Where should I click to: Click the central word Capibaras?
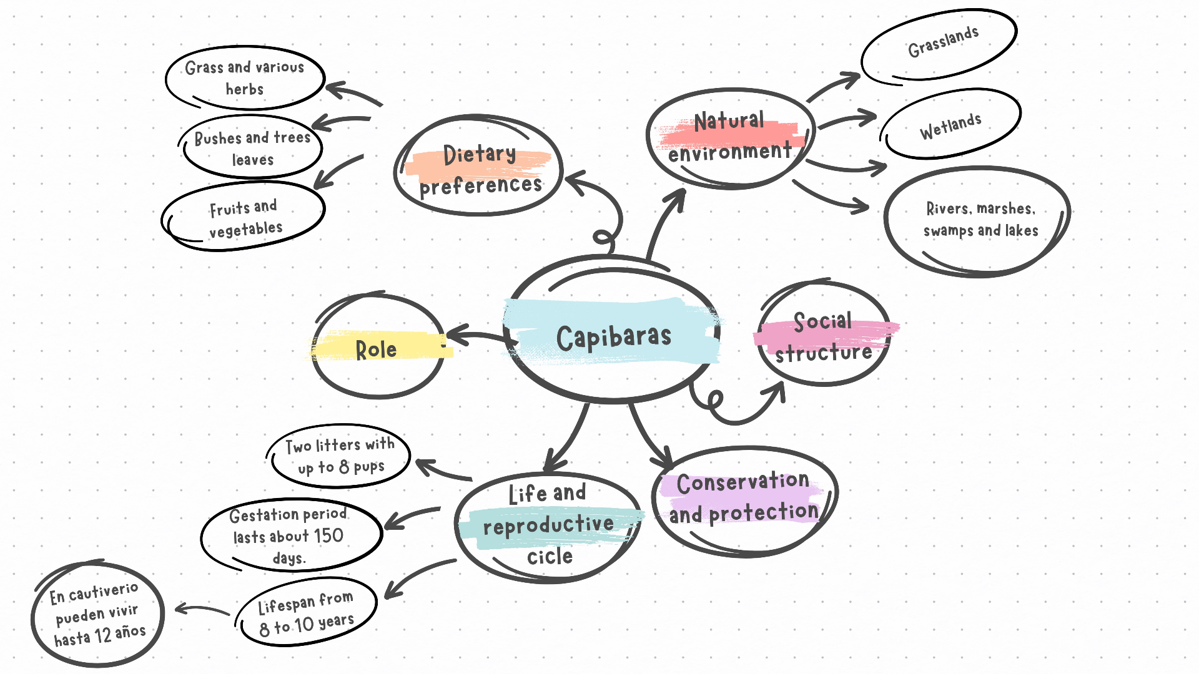tap(614, 338)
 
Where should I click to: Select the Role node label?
tap(376, 349)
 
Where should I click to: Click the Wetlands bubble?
tap(950, 125)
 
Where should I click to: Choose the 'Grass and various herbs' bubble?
tap(245, 78)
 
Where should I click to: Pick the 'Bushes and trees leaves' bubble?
tap(252, 149)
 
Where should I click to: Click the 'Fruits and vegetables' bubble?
tap(245, 218)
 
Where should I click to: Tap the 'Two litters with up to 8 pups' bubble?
tap(340, 456)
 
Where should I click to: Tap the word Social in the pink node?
tap(822, 321)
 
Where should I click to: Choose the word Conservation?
tap(743, 482)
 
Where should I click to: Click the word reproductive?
tap(548, 525)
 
